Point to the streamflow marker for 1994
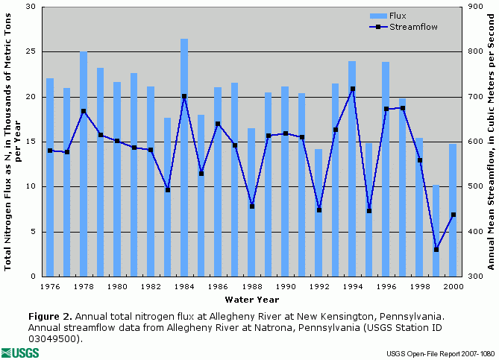[x=352, y=89]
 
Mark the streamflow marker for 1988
[x=251, y=206]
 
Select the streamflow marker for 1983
[x=168, y=189]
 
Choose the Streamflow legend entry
[x=409, y=26]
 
